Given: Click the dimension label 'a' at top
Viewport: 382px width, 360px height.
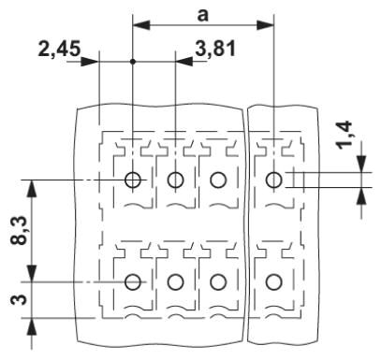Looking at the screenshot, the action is coord(202,15).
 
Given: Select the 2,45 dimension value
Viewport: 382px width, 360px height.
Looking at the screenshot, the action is coord(59,49).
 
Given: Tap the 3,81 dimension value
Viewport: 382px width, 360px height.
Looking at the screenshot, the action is coord(215,49).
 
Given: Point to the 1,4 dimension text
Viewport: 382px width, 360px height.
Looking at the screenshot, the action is coord(344,135).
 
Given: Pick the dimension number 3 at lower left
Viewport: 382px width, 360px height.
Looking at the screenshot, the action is coord(19,300).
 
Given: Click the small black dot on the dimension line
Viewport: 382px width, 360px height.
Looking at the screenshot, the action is coord(133,62).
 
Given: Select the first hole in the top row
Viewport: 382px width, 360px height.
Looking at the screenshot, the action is coord(133,180).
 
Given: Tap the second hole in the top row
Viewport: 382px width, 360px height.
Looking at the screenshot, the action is coord(175,180).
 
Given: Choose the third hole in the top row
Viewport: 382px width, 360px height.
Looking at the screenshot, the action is coord(218,180).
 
